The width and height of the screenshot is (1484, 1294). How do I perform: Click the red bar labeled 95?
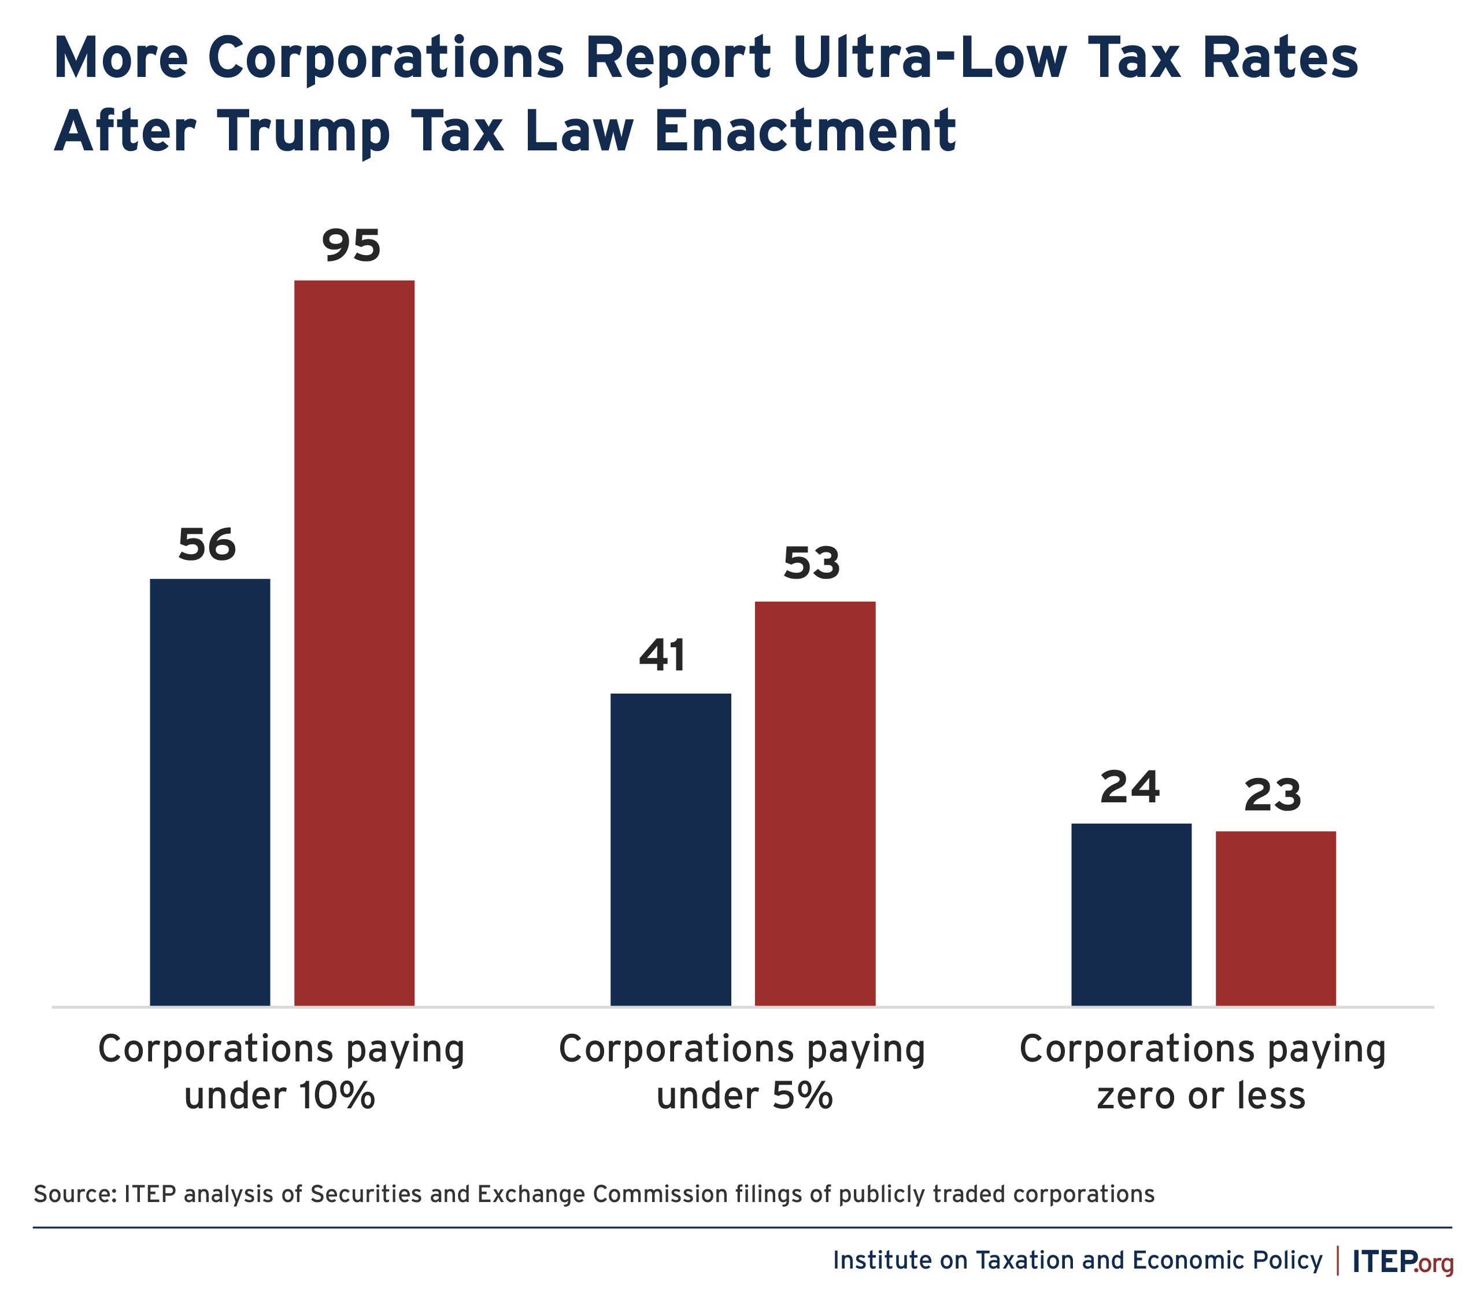pyautogui.click(x=354, y=643)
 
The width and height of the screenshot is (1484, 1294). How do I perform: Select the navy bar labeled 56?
pyautogui.click(x=210, y=792)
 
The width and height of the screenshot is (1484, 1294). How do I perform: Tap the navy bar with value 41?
pyautogui.click(x=671, y=849)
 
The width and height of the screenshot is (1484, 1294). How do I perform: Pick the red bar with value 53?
pyautogui.click(x=815, y=803)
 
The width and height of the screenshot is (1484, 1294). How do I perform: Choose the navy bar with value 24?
pyautogui.click(x=1131, y=914)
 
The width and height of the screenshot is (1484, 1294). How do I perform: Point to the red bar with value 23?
pyautogui.click(x=1275, y=919)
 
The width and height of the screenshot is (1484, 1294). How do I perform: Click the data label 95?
pyautogui.click(x=351, y=245)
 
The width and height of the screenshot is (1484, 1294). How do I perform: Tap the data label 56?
pyautogui.click(x=207, y=544)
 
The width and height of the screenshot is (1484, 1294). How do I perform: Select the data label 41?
pyautogui.click(x=662, y=655)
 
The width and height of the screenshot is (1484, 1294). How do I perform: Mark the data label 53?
pyautogui.click(x=812, y=563)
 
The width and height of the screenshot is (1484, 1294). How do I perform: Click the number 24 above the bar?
pyautogui.click(x=1130, y=787)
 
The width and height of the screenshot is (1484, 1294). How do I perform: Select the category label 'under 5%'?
pyautogui.click(x=744, y=1096)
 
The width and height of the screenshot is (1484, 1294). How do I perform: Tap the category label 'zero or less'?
pyautogui.click(x=1201, y=1096)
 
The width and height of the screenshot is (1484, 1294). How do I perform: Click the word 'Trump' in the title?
pyautogui.click(x=303, y=132)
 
